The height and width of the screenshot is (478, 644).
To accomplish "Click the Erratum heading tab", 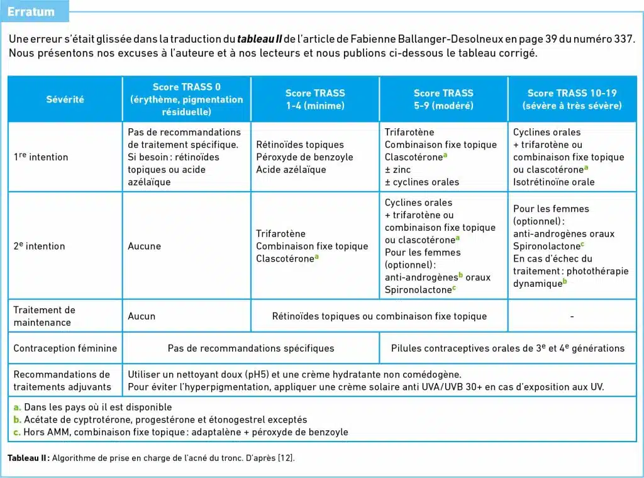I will coord(31,11).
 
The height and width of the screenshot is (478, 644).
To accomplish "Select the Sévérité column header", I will coord(65,99).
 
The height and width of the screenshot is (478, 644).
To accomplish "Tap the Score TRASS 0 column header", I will coord(186,99).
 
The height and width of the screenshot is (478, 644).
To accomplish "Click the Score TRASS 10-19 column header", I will coord(572,99).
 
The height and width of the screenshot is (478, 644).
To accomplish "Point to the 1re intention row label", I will coord(41,157).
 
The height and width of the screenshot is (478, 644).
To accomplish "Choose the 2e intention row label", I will coord(39,246).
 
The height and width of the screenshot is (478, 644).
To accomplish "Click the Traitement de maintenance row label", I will coord(44,316).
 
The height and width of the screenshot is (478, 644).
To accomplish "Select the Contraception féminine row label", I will coord(65,348).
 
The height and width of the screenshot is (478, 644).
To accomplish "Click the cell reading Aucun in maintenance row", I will coord(142,316).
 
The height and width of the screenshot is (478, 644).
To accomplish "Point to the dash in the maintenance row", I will coord(572,316).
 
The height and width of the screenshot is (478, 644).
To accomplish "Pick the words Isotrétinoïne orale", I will coord(553,182).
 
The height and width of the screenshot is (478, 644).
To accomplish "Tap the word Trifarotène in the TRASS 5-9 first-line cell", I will coord(409,132).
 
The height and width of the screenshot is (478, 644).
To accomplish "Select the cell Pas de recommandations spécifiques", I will coord(251,348).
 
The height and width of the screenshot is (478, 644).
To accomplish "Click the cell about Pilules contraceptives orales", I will coord(508,348).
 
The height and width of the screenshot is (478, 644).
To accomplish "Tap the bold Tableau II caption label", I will coord(28,458).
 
